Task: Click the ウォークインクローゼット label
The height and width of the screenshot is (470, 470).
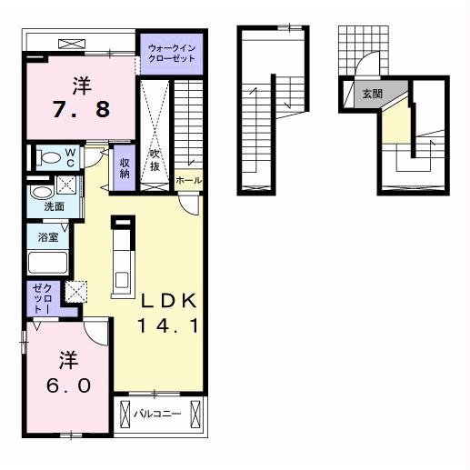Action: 172,54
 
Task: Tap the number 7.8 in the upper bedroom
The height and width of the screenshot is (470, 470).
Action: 81,109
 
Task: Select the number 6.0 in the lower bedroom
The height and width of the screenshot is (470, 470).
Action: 68,386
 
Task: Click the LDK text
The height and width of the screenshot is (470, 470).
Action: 168,301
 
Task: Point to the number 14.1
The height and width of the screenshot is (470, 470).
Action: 168,326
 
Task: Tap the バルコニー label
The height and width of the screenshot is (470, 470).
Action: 157,414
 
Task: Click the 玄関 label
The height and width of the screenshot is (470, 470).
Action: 373,94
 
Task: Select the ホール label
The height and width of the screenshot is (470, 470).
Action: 188,181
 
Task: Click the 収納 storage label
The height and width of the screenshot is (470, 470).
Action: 125,168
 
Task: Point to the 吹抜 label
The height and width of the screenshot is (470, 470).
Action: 155,160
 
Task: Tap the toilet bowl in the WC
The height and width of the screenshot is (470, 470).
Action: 49,157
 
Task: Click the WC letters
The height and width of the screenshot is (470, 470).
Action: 71,157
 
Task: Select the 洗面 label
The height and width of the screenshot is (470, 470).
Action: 55,206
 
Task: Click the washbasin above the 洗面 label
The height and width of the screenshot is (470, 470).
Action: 42,193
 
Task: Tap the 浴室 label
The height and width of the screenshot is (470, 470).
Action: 48,237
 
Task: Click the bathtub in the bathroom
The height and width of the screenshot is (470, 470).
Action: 48,262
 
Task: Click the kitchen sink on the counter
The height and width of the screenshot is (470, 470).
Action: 122,279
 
